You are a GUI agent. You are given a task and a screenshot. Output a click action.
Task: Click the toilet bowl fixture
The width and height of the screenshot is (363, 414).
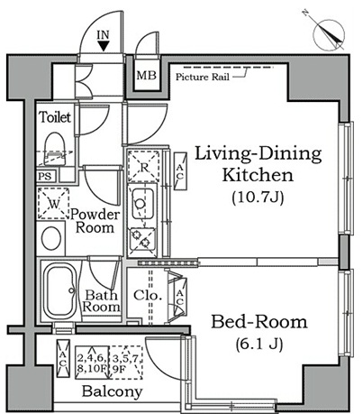(x=57, y=147)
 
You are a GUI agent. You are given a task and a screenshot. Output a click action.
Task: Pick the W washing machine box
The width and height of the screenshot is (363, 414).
(x=55, y=204)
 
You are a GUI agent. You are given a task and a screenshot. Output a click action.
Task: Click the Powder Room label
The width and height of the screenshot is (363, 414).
(x=96, y=221)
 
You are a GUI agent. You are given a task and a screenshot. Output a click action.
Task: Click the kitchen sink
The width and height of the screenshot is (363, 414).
(x=141, y=206)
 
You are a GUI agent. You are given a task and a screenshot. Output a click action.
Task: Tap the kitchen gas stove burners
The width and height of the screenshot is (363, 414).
(x=141, y=240)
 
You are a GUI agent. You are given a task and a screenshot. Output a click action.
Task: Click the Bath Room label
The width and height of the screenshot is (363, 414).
(x=102, y=300)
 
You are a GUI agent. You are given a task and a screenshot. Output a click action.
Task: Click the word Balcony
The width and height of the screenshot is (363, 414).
(x=112, y=392)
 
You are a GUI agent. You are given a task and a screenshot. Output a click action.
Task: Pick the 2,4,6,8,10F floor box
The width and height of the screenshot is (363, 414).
(x=90, y=361)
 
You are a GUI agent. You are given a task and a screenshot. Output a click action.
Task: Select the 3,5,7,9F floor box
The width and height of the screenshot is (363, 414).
(x=125, y=361)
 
